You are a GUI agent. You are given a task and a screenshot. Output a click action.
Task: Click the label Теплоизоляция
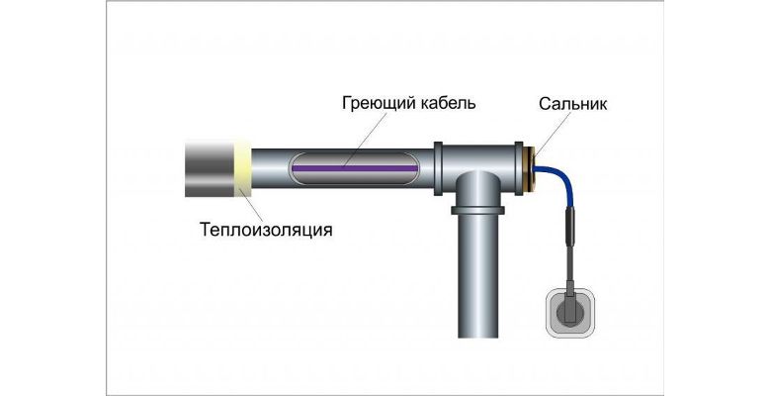(x=266, y=230)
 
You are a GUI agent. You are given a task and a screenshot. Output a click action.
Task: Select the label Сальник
(x=573, y=104)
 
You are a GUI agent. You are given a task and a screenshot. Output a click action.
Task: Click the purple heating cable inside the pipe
(x=355, y=168)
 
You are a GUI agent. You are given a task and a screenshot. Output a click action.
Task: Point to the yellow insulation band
(x=242, y=168)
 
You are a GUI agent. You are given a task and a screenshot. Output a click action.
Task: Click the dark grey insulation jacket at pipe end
(x=210, y=168)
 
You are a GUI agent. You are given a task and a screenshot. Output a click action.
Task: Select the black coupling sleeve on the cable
(x=569, y=226)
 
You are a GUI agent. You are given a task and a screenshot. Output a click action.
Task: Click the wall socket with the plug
(x=570, y=314)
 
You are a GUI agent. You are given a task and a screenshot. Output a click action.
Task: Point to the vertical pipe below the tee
(x=477, y=276)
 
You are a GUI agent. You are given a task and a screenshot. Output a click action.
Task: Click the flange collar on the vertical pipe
(x=477, y=211)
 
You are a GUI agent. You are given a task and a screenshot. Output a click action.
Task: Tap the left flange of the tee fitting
(x=438, y=168)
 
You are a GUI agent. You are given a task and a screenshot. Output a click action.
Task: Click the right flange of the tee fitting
(x=519, y=168)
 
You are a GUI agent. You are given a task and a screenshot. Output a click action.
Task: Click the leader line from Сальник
(x=553, y=135)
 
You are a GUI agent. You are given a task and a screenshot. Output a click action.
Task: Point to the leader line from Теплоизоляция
(x=251, y=205)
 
